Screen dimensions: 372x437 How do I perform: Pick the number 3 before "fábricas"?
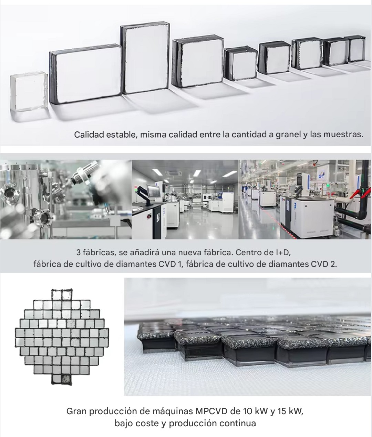[x=79, y=252]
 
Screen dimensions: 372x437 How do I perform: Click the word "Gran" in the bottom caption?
[x=75, y=411]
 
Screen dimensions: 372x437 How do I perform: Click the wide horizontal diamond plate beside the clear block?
[x=86, y=74]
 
